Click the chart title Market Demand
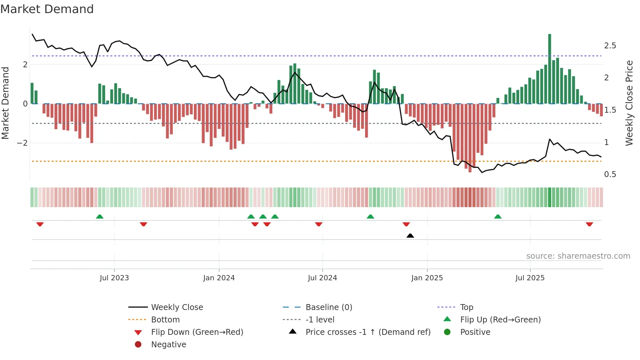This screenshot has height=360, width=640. [x=47, y=9]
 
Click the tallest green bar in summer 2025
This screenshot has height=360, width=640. [x=550, y=69]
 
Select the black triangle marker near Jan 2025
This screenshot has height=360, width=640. [x=410, y=236]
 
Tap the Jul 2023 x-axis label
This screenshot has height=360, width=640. [x=114, y=278]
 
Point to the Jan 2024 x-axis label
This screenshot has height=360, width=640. [x=219, y=278]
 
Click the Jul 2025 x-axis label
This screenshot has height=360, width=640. [x=530, y=278]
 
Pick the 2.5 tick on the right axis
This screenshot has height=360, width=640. [x=610, y=46]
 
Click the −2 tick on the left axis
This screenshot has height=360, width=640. [x=22, y=143]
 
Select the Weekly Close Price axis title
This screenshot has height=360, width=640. [x=629, y=103]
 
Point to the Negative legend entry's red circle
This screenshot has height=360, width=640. [x=138, y=345]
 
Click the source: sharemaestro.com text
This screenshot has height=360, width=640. [x=578, y=256]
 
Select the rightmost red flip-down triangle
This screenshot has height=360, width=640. [x=589, y=224]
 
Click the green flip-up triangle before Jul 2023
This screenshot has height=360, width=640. [x=100, y=217]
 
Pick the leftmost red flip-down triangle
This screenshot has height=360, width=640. [x=40, y=224]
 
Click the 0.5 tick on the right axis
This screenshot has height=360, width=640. [x=610, y=174]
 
